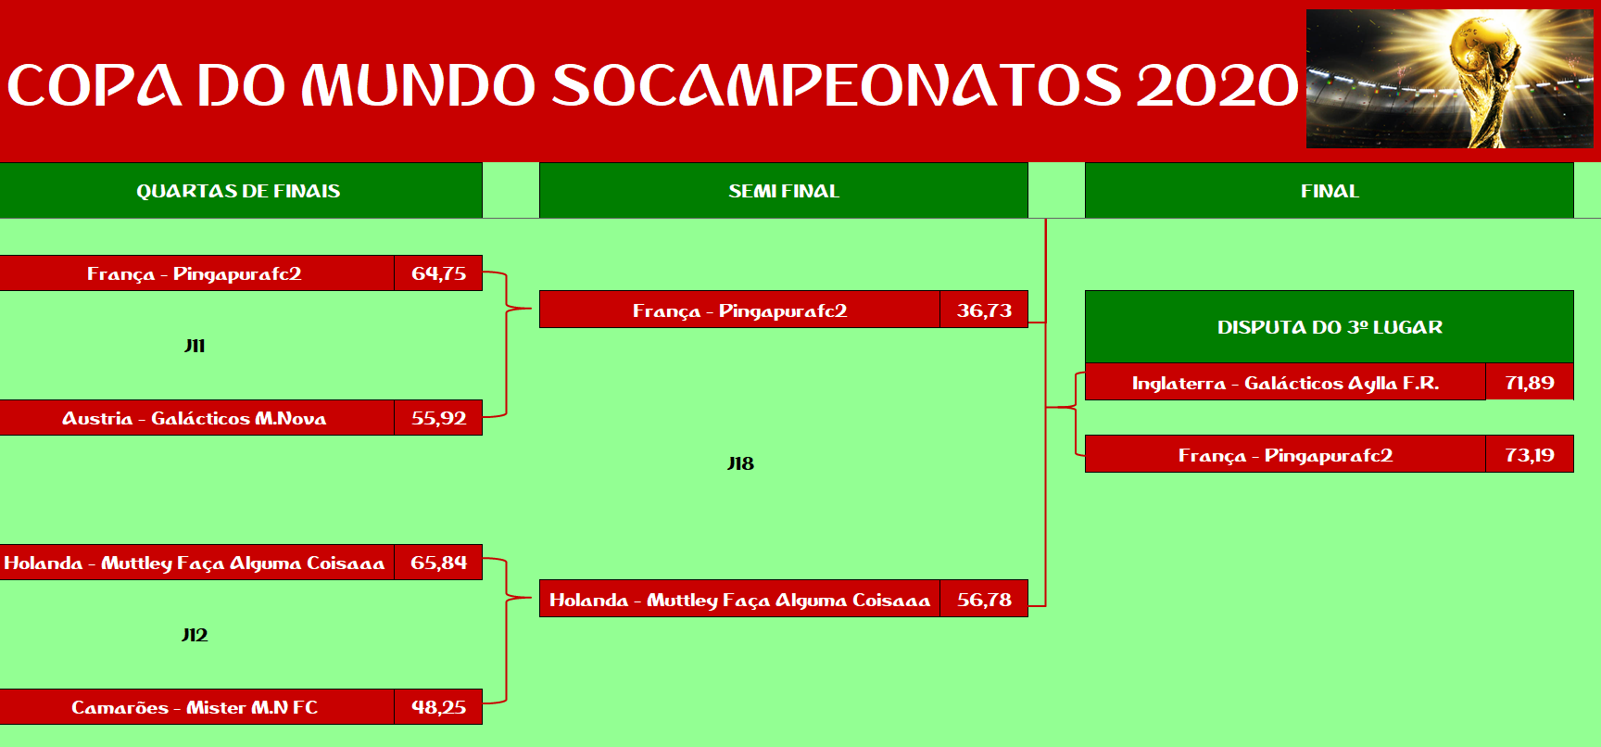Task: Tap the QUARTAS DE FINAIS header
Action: click(x=238, y=191)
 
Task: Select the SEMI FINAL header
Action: click(x=784, y=191)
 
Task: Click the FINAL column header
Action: click(x=1330, y=191)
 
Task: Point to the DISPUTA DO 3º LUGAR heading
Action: click(x=1330, y=327)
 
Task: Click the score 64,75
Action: click(x=439, y=273)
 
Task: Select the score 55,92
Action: click(x=439, y=418)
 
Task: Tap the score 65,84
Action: click(x=439, y=563)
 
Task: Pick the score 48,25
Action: click(x=439, y=707)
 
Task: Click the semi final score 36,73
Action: click(x=984, y=310)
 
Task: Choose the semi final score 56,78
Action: click(x=984, y=600)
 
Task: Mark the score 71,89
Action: click(x=1530, y=383)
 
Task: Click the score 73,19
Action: click(x=1530, y=455)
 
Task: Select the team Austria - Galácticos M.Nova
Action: click(x=195, y=418)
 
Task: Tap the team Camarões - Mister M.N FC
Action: click(x=195, y=707)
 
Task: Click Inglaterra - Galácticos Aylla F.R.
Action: click(x=1285, y=383)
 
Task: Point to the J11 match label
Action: click(x=195, y=346)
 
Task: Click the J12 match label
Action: click(x=195, y=635)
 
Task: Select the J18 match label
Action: click(x=740, y=463)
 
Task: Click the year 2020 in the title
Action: click(x=1217, y=85)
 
